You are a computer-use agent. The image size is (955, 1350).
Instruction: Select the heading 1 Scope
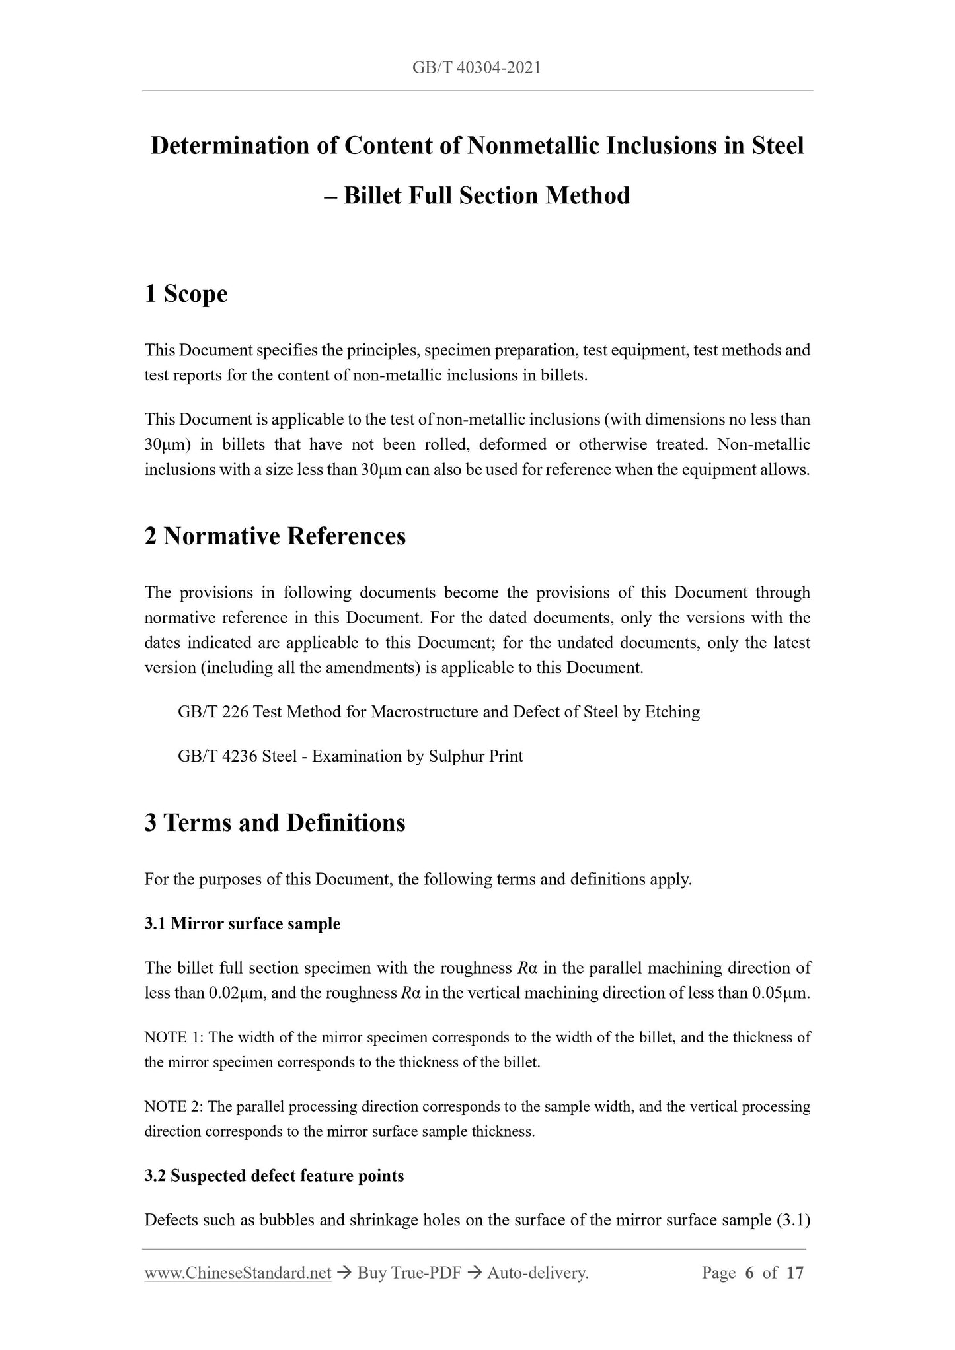(186, 294)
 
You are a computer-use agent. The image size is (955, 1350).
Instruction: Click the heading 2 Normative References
(275, 536)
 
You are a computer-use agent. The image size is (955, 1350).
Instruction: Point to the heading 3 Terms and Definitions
(275, 822)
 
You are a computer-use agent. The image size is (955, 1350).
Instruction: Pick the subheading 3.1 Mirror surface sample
(242, 923)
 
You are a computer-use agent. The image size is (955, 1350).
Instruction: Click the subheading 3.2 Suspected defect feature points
(274, 1176)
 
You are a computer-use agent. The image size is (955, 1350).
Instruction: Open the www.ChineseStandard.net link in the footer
(237, 1273)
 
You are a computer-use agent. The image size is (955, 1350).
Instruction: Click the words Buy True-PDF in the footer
(408, 1273)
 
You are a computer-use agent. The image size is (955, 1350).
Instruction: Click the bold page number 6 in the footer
(749, 1273)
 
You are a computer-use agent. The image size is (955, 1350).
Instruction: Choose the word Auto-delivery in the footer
(537, 1273)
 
